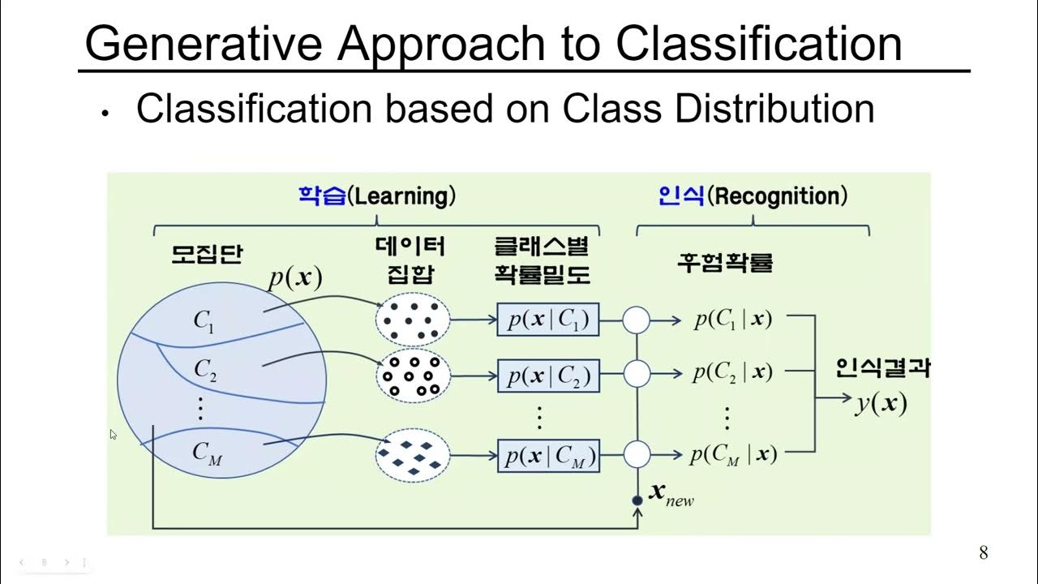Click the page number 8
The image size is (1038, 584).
pyautogui.click(x=984, y=553)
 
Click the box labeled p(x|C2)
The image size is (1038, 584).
pyautogui.click(x=548, y=376)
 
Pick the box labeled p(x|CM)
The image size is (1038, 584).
pyautogui.click(x=548, y=456)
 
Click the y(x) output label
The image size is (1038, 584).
pyautogui.click(x=881, y=402)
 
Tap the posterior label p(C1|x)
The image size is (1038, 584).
pyautogui.click(x=733, y=320)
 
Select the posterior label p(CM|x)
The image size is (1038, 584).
pyautogui.click(x=733, y=455)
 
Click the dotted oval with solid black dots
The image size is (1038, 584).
pyautogui.click(x=412, y=320)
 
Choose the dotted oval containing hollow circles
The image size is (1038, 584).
pyautogui.click(x=412, y=376)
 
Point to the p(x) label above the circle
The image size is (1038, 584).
pyautogui.click(x=295, y=277)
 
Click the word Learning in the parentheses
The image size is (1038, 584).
pyautogui.click(x=401, y=196)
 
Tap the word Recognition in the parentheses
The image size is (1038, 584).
pyautogui.click(x=777, y=196)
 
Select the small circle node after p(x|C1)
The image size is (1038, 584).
pyautogui.click(x=637, y=321)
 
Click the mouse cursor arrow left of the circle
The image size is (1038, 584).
pyautogui.click(x=113, y=434)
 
